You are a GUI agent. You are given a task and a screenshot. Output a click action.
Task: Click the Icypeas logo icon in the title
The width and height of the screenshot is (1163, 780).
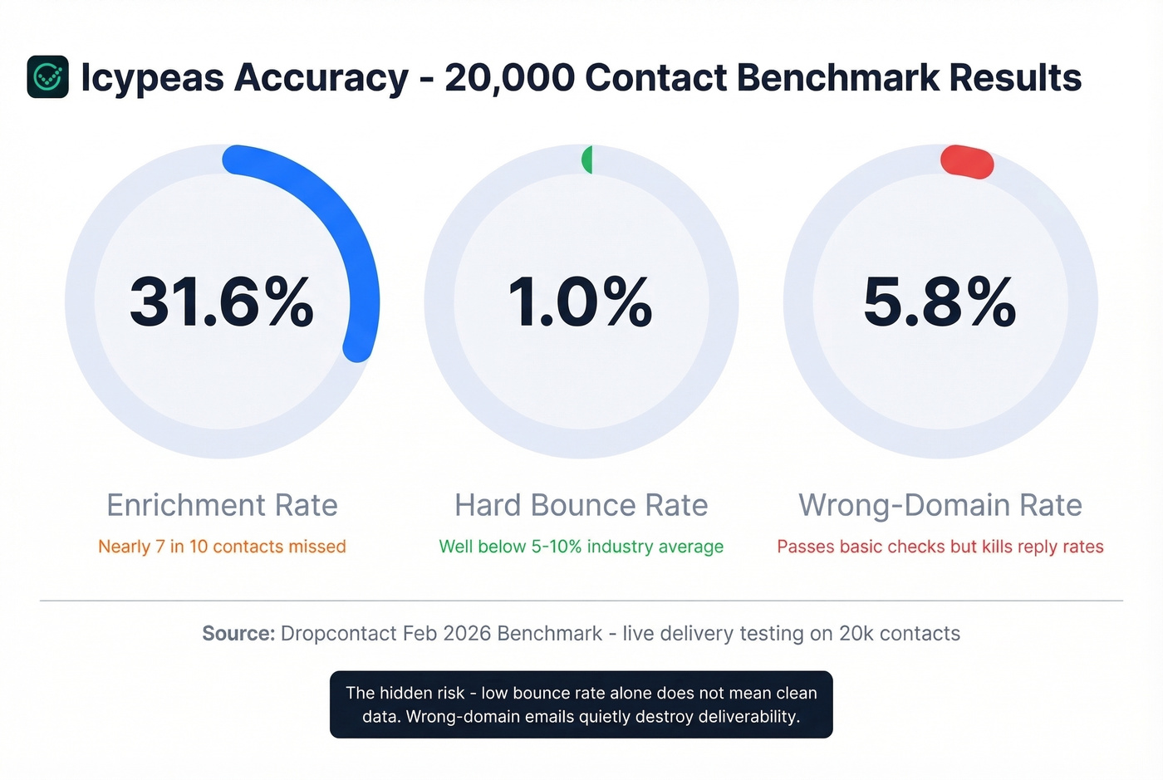47,77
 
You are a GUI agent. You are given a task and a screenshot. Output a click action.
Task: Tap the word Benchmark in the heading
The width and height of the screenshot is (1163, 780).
837,77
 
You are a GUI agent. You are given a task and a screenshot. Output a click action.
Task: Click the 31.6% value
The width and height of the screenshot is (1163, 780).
222,302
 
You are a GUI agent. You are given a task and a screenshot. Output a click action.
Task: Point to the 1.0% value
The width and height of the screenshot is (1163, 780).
581,302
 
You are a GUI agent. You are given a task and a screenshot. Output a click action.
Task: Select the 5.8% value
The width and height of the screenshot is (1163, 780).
940,302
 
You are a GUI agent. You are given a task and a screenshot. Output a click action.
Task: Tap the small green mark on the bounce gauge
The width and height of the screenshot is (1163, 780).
587,159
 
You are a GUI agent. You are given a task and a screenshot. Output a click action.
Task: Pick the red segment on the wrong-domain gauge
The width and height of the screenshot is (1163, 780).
967,161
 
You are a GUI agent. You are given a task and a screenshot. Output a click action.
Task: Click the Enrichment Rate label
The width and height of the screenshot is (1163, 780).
222,505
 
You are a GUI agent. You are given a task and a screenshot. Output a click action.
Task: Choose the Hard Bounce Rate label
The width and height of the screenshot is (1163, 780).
581,505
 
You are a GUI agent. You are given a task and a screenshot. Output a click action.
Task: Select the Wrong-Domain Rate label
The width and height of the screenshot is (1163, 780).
940,505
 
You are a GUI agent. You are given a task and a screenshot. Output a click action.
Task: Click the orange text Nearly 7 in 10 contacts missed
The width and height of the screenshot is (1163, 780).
222,547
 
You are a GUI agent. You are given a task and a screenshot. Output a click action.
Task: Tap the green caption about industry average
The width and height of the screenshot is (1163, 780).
581,547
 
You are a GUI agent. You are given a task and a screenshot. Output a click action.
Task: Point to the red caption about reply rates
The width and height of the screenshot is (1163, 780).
940,547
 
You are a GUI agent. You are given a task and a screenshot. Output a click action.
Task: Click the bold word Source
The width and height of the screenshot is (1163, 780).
238,634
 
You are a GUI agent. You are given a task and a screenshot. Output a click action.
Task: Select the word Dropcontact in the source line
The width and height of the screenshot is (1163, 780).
338,634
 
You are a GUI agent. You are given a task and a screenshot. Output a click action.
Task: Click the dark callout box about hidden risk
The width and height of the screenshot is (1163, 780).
581,704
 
